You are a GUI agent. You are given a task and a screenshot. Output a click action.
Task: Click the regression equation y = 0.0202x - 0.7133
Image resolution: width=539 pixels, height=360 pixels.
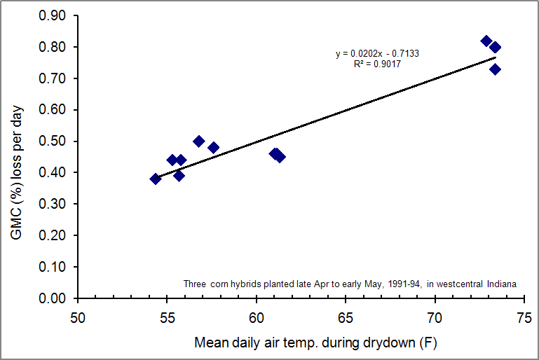(x=377, y=54)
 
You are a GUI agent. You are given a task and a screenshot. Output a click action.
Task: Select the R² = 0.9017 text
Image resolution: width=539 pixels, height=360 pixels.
(x=377, y=64)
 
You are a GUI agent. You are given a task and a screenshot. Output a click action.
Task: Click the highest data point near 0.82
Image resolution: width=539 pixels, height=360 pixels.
(x=486, y=41)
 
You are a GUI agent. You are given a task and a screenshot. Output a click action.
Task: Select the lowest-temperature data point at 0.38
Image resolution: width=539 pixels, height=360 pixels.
(x=156, y=179)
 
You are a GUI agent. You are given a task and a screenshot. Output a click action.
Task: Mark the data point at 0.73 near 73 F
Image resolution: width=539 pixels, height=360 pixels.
(x=496, y=69)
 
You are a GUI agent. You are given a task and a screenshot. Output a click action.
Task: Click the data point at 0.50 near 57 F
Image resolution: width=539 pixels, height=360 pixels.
(x=199, y=141)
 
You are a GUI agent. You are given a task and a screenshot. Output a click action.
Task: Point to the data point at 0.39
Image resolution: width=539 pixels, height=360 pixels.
(x=179, y=176)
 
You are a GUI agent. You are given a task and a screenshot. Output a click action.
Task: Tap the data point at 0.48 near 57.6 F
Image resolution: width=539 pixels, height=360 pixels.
(x=214, y=148)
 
